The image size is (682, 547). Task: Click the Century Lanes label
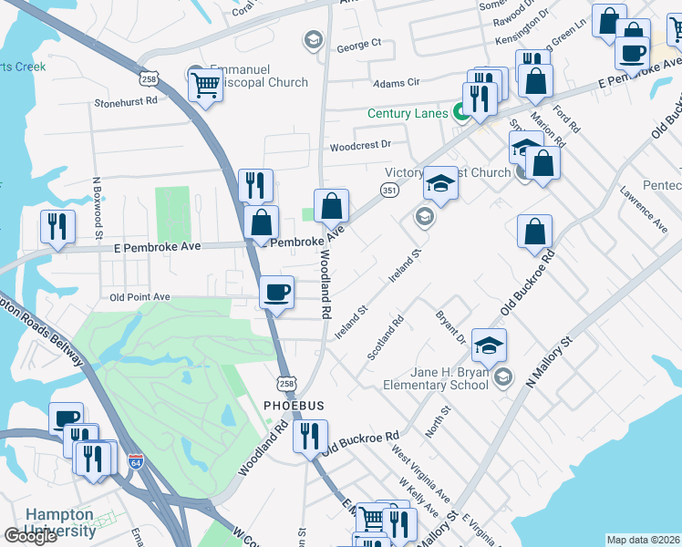point(407,113)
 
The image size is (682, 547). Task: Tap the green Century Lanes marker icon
point(461,113)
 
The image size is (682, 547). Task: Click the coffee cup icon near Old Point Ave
point(276,293)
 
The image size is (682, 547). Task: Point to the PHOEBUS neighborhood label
point(294,405)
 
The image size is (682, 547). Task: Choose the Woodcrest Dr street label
point(360,145)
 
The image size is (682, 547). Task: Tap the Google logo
point(30,537)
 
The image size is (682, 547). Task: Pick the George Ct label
point(358,44)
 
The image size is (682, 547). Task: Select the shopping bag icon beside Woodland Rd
point(330,205)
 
